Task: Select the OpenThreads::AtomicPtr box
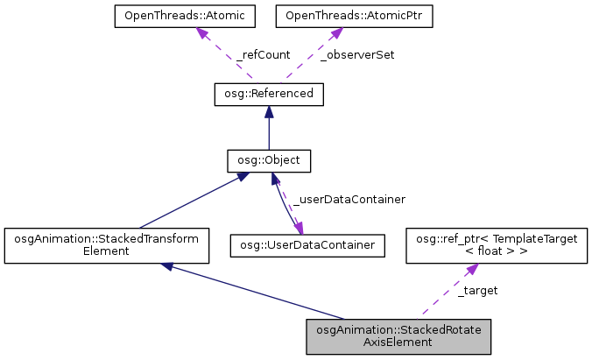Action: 331,17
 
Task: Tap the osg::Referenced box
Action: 269,94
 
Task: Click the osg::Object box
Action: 269,161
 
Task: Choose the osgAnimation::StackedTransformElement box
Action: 106,245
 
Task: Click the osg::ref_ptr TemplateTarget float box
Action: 496,245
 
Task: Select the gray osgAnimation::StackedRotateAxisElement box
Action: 398,336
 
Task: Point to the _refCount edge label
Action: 264,54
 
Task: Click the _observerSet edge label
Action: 357,54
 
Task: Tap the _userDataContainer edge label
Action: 349,199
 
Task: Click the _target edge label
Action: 478,290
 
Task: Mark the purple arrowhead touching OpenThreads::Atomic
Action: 201,32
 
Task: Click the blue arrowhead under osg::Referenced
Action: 269,112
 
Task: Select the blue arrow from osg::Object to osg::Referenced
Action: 269,131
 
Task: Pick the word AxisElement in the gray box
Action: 398,343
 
